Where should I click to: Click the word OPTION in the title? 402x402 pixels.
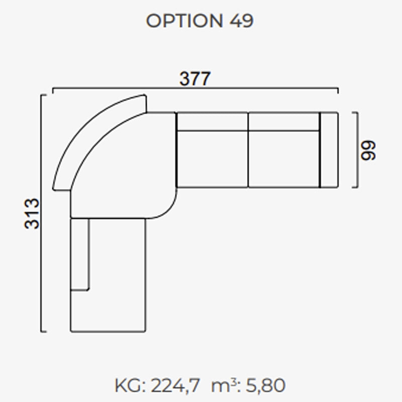pos(184,21)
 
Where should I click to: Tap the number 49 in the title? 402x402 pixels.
pos(242,21)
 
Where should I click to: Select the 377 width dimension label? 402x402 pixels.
pos(195,78)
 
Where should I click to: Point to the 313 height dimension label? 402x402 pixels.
pos(32,213)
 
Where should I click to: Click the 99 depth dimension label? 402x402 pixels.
pos(368,150)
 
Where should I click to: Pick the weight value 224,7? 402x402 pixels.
pos(175,385)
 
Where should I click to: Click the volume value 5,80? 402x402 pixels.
pos(265,385)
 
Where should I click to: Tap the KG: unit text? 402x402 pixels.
pos(130,385)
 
